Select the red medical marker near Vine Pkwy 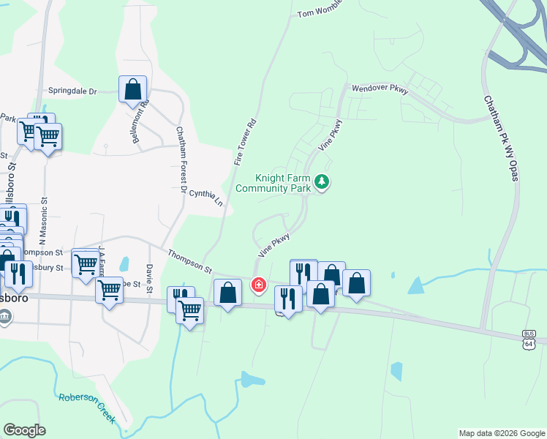[258, 284]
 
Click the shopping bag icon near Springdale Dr [132, 89]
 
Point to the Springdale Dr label [73, 91]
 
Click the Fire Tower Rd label [246, 140]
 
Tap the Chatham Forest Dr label [181, 160]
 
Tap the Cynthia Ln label [205, 195]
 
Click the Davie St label [149, 274]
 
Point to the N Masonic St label [43, 220]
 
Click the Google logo [24, 430]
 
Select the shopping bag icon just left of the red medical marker [227, 293]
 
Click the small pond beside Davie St [124, 264]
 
